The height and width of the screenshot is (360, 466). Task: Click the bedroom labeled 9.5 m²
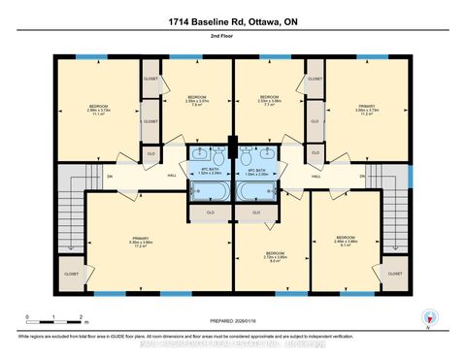(x=275, y=257)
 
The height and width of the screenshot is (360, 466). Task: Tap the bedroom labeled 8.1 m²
(x=345, y=241)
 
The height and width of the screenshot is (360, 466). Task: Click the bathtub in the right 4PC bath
(x=254, y=190)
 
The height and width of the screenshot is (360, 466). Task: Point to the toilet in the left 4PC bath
(x=219, y=157)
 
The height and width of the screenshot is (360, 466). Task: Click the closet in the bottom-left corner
(x=71, y=274)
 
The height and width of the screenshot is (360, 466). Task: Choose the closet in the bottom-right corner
(x=395, y=274)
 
